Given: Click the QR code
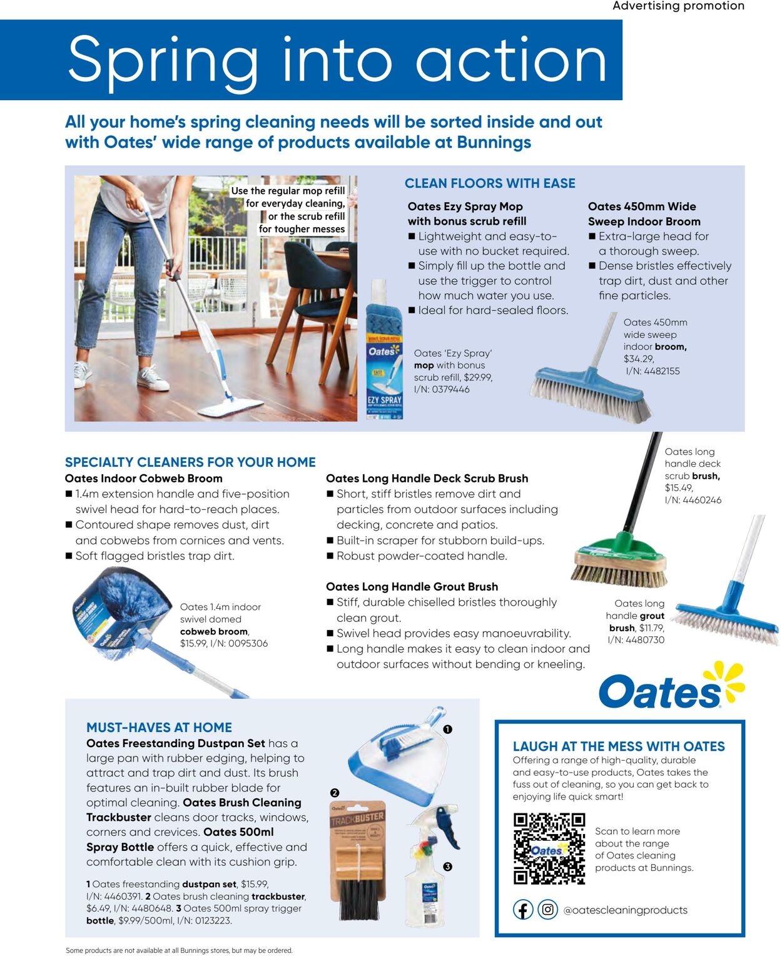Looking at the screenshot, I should [x=549, y=848].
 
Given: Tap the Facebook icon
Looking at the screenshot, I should [x=523, y=910].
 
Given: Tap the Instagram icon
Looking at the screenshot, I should [x=548, y=910].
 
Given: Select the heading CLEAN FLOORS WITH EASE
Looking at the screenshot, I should [x=490, y=183].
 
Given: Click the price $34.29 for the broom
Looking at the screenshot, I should [x=639, y=359].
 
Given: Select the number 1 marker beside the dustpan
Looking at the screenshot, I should [x=447, y=729].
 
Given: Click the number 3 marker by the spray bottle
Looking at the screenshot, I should [x=447, y=867].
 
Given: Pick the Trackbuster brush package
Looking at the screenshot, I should [x=357, y=857].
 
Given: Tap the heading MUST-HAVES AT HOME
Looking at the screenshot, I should [x=159, y=727].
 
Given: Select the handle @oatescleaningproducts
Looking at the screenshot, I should [x=625, y=910].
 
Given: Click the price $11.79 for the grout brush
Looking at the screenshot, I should [x=651, y=628].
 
